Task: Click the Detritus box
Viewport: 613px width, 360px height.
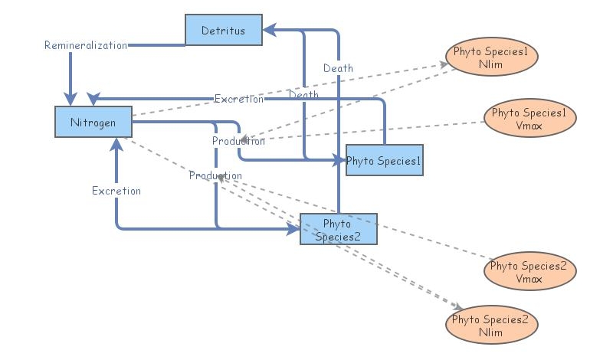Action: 223,30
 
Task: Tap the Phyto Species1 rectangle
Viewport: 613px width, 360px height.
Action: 384,160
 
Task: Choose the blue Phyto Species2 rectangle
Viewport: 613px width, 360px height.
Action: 338,229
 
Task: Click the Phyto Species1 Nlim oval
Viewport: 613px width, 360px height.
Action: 491,58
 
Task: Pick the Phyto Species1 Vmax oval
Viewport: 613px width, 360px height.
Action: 529,118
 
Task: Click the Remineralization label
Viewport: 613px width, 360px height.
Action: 85,45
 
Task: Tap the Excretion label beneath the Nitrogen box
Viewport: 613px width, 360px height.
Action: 116,190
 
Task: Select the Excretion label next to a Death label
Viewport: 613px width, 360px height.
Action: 239,99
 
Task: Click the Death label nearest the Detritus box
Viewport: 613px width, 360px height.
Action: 338,68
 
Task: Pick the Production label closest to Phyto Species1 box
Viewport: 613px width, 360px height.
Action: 238,141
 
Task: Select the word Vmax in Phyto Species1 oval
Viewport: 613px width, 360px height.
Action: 529,125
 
